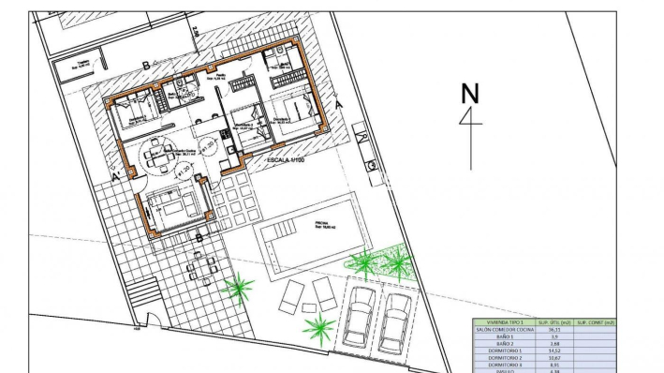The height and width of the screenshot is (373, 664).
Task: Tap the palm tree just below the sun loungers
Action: pos(319,328)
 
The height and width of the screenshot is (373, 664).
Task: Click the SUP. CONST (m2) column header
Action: pos(594,321)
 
